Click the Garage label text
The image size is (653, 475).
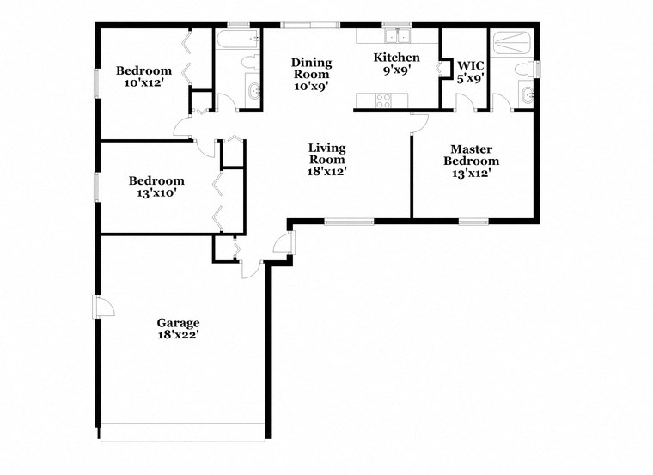point(178,329)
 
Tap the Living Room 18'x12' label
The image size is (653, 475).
point(326,159)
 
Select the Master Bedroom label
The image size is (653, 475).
point(471,155)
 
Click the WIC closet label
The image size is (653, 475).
point(471,71)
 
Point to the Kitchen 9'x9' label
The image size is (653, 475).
point(396,64)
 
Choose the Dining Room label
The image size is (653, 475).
point(311,74)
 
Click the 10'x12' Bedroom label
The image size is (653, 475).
point(143,77)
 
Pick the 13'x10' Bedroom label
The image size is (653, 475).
point(156,186)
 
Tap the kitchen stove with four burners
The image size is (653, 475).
point(383,100)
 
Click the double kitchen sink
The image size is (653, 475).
point(398,36)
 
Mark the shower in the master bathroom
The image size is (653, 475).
point(513,40)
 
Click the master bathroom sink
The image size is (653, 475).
point(525,94)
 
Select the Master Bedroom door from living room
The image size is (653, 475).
point(418,123)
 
